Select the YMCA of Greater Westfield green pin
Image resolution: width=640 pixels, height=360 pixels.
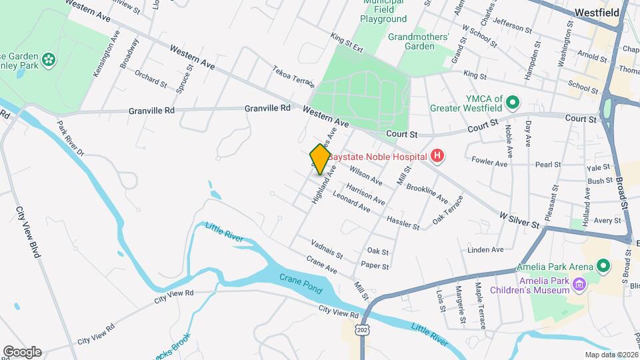[x=513, y=103]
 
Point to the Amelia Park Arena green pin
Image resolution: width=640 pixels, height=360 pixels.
[x=604, y=267]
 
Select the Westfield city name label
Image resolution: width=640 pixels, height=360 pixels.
[x=597, y=12]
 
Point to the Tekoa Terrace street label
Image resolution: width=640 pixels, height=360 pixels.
[x=293, y=76]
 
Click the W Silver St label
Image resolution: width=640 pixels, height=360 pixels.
[x=519, y=220]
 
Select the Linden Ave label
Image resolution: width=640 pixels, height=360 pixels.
[x=485, y=250]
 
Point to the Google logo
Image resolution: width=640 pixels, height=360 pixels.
[x=22, y=351]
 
